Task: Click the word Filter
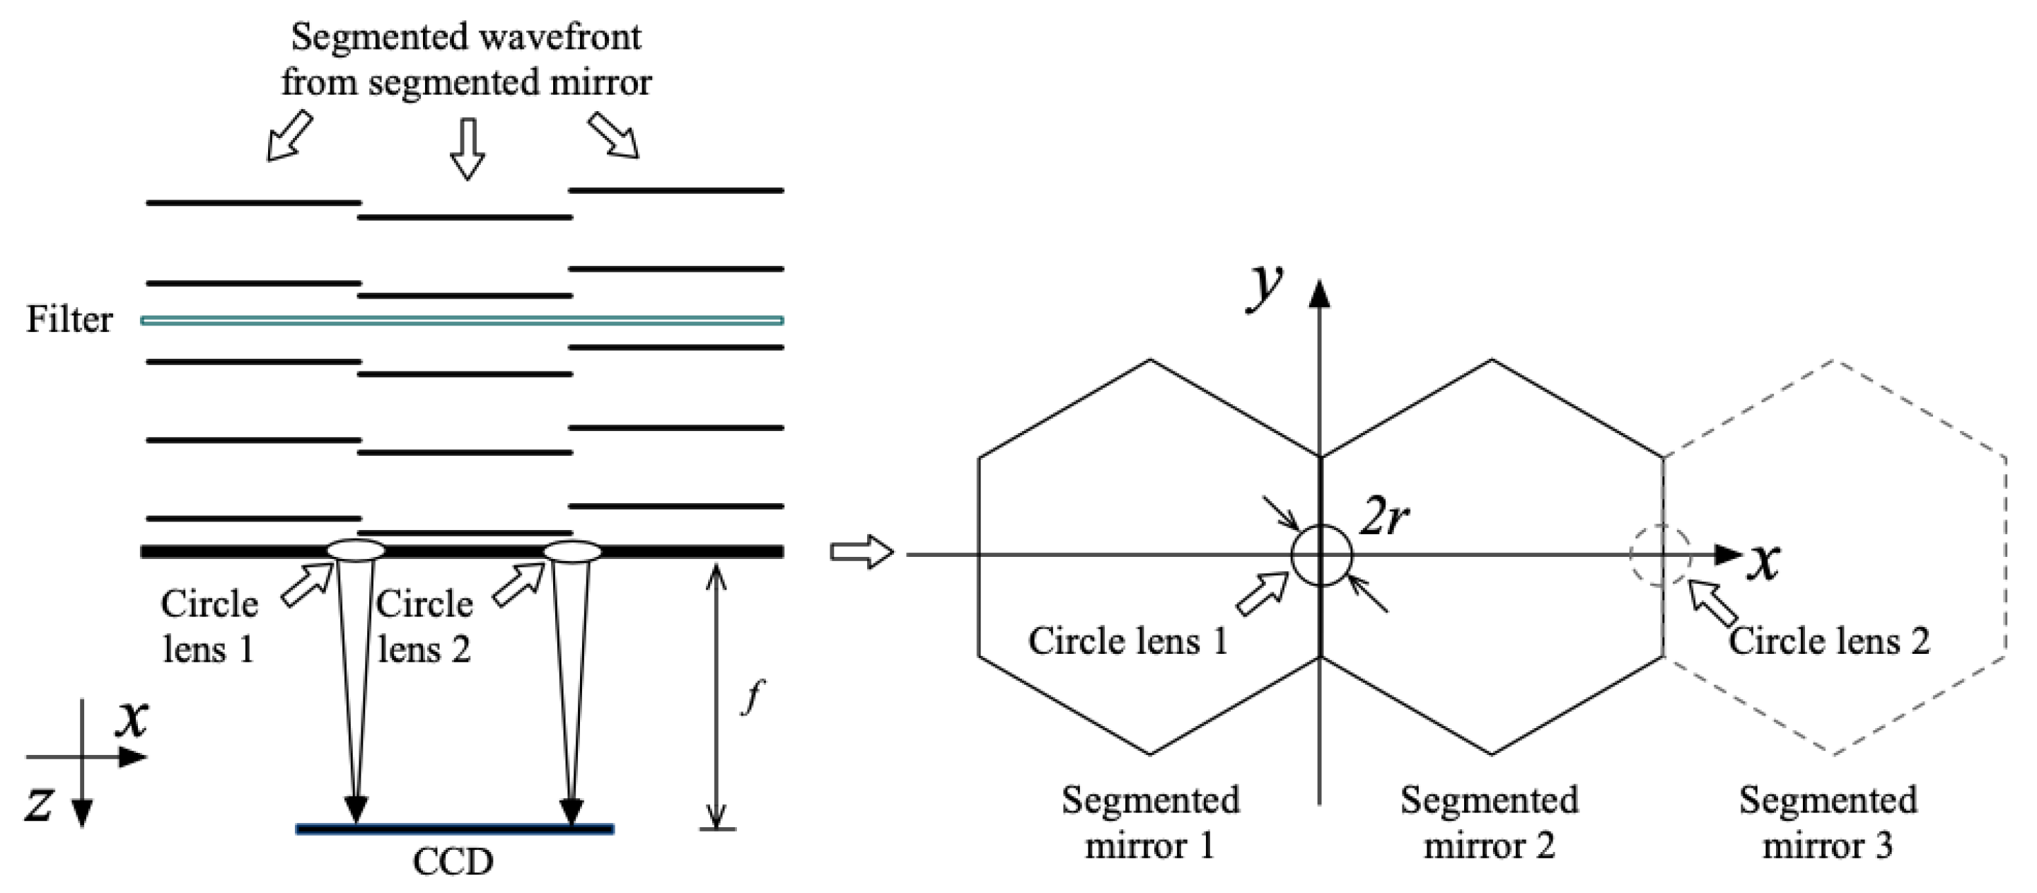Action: (69, 320)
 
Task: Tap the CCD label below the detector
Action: (453, 862)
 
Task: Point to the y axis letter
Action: (1264, 288)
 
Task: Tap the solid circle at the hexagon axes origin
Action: (1321, 555)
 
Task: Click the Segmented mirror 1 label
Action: (1150, 823)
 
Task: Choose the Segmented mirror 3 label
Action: (1828, 823)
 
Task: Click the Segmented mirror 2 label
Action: (1489, 823)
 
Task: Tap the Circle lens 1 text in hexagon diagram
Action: (1127, 640)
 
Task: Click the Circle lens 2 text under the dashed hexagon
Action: (1828, 640)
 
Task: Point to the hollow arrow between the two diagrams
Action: (861, 551)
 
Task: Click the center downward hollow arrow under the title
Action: (468, 148)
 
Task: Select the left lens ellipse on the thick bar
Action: (356, 549)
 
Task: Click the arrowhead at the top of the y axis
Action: (1320, 293)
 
